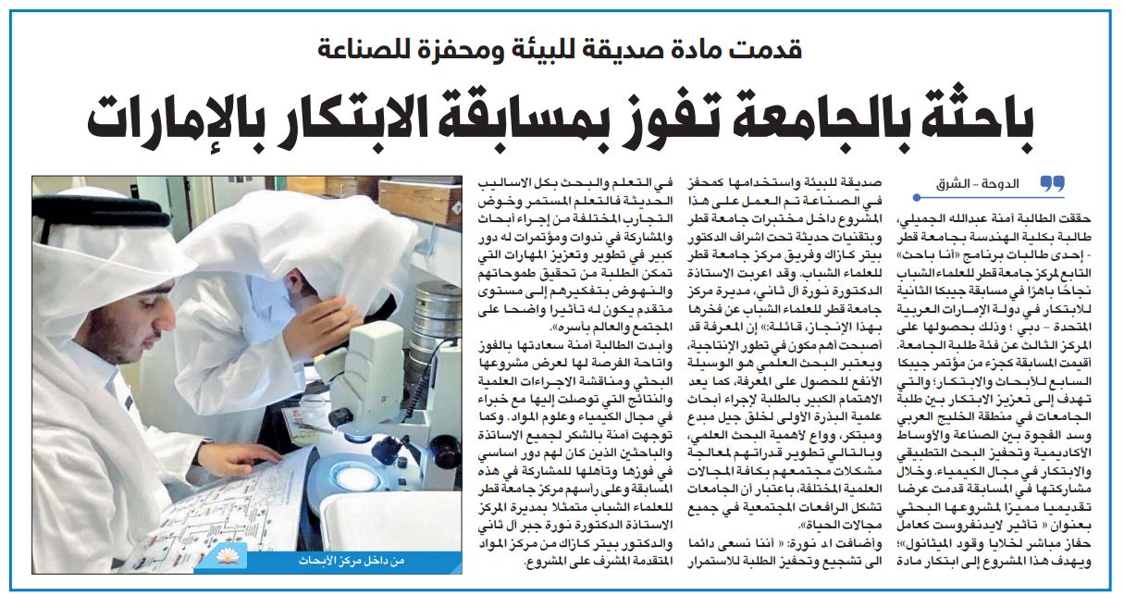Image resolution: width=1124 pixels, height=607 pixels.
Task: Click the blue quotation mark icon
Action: (1052, 183)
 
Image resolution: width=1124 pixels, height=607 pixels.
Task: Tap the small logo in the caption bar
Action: (227, 559)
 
